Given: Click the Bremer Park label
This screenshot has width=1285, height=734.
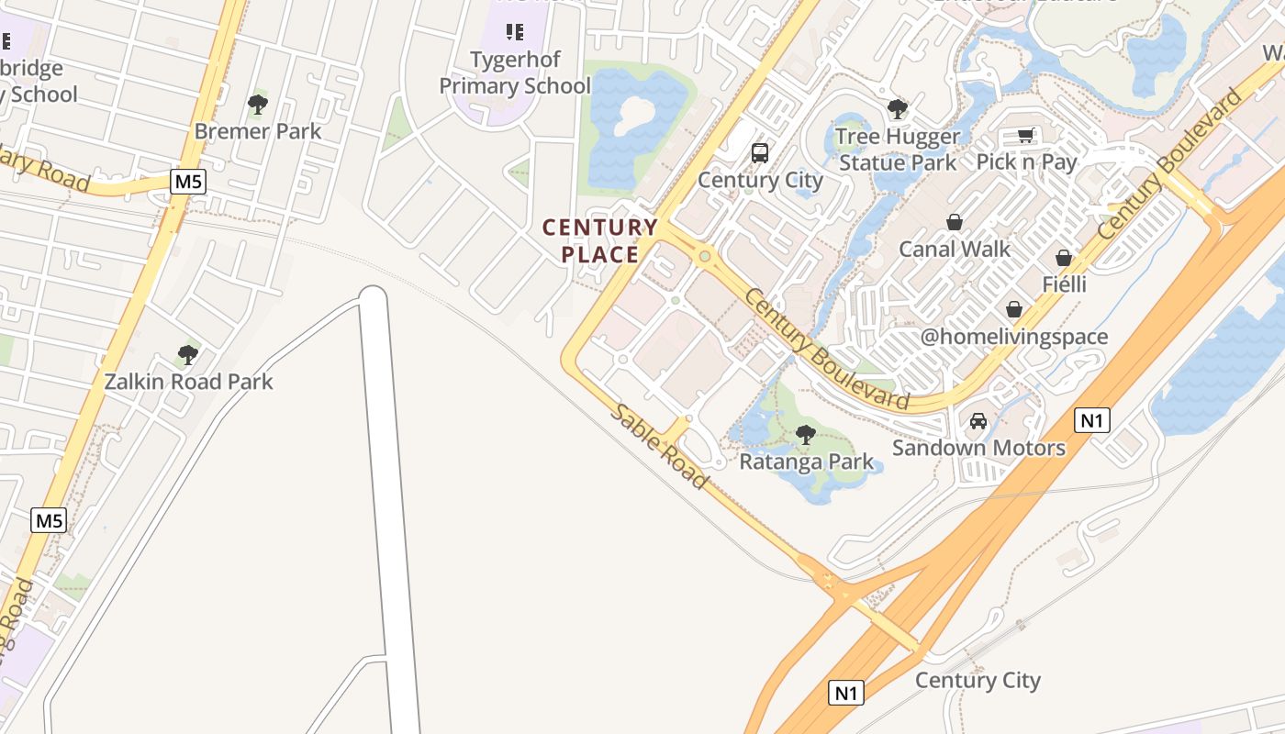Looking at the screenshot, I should [258, 131].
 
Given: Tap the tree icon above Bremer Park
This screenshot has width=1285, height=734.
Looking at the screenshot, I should [258, 105].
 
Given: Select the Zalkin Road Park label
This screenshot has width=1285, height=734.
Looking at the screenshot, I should [188, 382].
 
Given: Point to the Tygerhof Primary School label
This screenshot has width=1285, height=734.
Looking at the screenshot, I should [515, 72].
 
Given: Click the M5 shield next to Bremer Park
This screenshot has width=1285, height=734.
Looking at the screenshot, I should [188, 182].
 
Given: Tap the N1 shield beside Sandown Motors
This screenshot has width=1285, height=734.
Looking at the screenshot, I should [1091, 421].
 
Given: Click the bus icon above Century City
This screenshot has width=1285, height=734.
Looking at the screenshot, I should [760, 153].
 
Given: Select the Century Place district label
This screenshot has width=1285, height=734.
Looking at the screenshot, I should [600, 240].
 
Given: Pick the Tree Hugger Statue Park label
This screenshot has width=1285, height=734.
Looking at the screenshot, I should [898, 150].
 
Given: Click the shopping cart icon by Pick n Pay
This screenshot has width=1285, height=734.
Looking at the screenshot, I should [1025, 136].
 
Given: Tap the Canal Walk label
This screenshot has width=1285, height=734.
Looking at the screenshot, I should [955, 249].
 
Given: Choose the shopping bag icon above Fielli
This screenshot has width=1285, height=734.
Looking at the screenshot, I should [1064, 258].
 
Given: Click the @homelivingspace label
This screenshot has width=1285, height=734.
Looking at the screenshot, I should [1014, 337].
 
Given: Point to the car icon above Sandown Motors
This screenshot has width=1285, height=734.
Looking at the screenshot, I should [978, 421].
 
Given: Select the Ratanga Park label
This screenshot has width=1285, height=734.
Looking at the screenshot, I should [807, 462].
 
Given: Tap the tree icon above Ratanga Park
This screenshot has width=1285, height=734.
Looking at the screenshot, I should [806, 434].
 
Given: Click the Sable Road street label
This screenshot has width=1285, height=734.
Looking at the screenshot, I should [660, 447].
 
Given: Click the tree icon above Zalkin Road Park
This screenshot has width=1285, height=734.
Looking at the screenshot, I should [188, 354].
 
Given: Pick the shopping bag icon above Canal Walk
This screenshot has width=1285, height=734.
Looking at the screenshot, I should [955, 222].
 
